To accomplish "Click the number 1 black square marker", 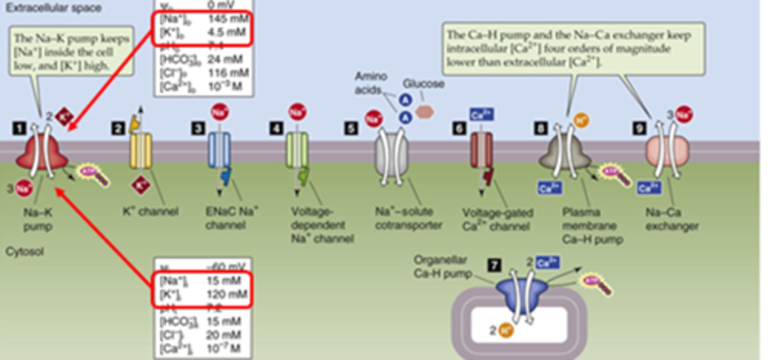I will [20, 128].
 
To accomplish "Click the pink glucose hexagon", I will [425, 111].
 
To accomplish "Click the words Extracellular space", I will [53, 8].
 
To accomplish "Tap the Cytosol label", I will [25, 251].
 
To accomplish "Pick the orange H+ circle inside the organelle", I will [505, 331].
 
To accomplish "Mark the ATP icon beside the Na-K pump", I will [94, 174].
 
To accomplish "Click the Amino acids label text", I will [371, 83].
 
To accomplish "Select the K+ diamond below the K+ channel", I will [141, 186].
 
